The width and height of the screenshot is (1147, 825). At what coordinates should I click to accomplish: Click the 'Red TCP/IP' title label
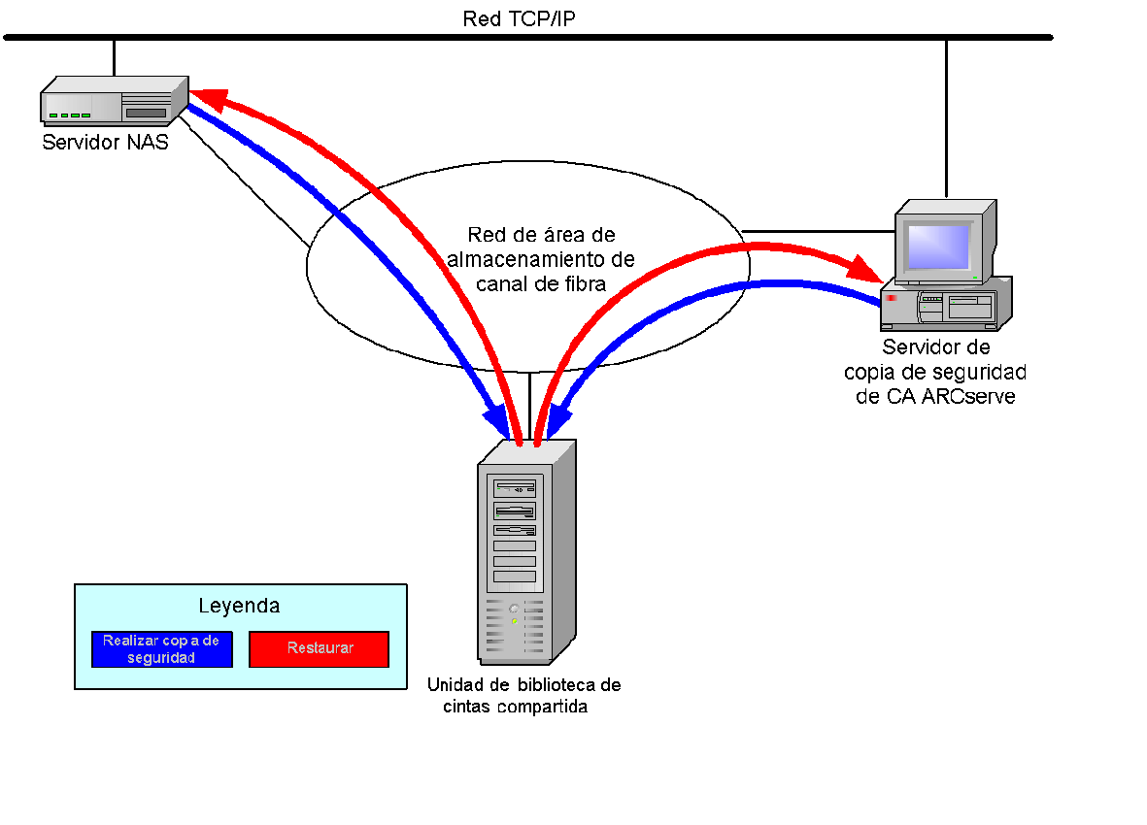click(x=519, y=18)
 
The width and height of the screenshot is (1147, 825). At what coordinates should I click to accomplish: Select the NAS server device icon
click(x=113, y=102)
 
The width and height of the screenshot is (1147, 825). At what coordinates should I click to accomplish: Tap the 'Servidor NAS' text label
click(x=105, y=143)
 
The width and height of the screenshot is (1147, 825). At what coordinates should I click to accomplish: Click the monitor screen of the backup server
click(x=937, y=247)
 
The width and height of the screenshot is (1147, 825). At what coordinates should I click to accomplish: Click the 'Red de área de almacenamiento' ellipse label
click(x=540, y=259)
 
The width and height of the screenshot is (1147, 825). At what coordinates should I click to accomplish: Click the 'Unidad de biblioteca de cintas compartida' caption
click(x=523, y=695)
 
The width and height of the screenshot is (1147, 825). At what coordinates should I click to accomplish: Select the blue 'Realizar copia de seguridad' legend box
click(x=161, y=649)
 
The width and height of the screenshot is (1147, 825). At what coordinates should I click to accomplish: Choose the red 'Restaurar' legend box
click(x=319, y=649)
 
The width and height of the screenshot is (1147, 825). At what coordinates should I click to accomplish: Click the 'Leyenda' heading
click(x=239, y=606)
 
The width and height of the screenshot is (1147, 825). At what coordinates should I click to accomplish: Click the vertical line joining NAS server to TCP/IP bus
click(x=114, y=57)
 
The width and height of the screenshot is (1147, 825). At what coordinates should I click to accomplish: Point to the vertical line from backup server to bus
click(x=946, y=116)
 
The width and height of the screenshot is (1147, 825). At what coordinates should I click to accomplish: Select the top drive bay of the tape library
click(x=515, y=488)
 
